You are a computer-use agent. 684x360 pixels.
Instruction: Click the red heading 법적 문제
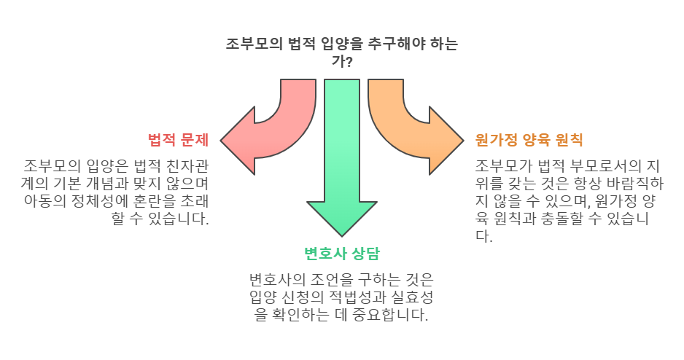point(179,139)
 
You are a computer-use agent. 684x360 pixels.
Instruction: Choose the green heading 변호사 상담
point(342,254)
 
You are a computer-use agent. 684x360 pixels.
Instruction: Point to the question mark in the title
point(350,63)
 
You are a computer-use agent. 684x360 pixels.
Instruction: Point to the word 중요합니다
point(389,316)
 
